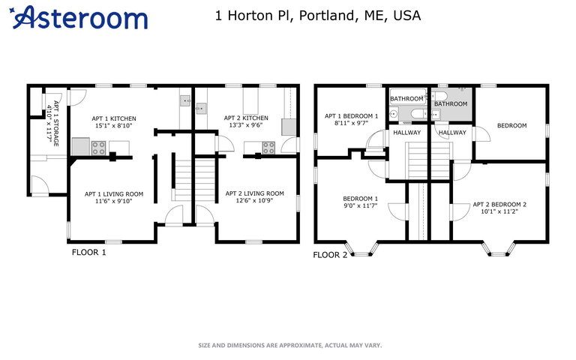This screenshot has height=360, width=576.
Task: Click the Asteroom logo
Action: coord(79,17)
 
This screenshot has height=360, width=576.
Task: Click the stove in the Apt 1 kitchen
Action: coord(98,148)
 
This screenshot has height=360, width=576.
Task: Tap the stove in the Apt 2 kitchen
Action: coord(268,148)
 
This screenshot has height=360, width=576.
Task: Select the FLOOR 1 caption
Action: coord(89,252)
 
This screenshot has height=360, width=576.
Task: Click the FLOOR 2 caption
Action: coord(330,255)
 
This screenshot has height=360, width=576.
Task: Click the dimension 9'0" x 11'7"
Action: coord(360,205)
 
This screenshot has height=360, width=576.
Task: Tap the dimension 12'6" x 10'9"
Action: coord(254,200)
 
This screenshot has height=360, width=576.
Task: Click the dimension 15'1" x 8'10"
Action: coord(113,125)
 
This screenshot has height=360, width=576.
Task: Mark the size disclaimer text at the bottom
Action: coord(290,345)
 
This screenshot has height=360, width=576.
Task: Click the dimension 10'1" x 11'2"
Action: coord(499,211)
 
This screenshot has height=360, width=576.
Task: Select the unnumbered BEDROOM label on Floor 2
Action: coord(512,126)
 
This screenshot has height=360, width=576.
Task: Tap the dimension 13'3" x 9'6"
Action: coord(246,125)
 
